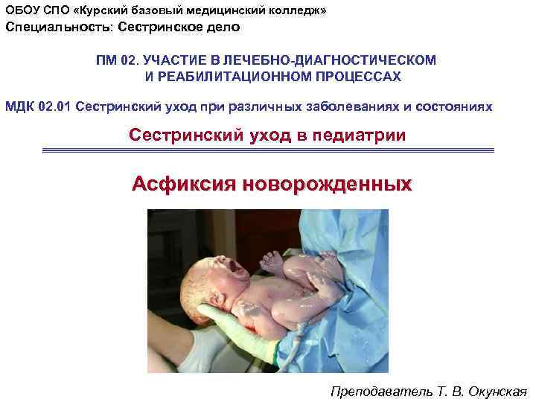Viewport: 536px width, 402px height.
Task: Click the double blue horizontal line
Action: tap(268, 150)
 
